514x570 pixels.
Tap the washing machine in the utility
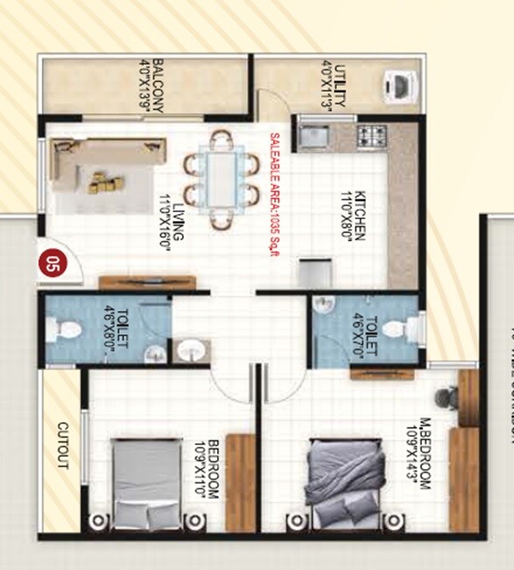tap(398, 86)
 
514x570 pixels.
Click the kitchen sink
tap(313, 137)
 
